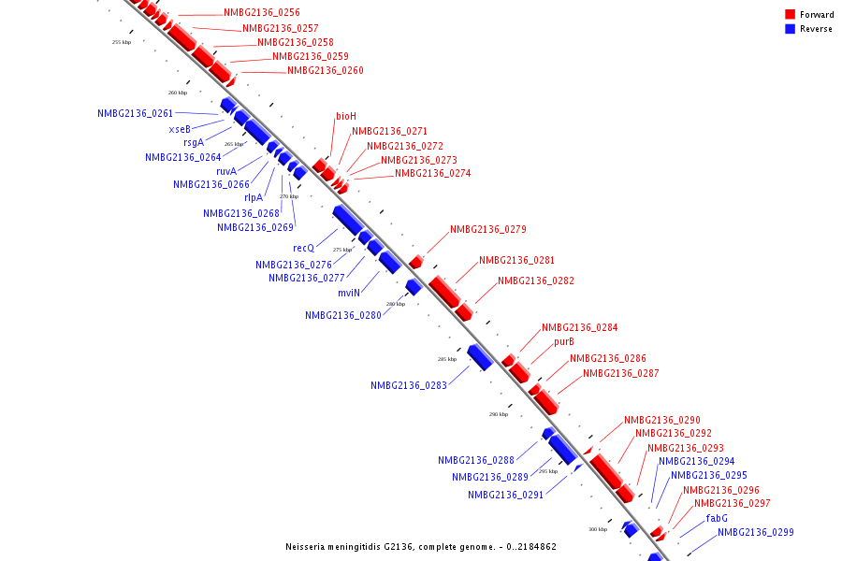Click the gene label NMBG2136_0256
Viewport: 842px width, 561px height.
tap(262, 13)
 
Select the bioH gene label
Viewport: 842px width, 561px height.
tap(346, 116)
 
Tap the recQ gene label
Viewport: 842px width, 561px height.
tap(303, 248)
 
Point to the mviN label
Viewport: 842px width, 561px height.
tap(349, 293)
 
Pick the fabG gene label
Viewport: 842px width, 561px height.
tap(717, 518)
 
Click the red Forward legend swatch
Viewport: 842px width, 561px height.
tap(791, 14)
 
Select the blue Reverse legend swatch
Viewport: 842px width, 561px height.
tap(791, 29)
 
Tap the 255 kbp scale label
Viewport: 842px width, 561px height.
tap(122, 42)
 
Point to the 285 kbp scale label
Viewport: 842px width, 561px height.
tap(447, 359)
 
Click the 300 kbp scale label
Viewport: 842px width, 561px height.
tap(598, 530)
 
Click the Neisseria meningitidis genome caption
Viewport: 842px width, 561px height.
tap(421, 546)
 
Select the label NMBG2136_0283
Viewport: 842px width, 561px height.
tap(409, 385)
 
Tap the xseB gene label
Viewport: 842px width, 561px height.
tap(180, 129)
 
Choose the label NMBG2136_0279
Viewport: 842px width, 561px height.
tap(488, 229)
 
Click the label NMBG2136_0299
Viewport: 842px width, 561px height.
tap(756, 533)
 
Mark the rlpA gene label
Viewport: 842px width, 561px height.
tap(254, 197)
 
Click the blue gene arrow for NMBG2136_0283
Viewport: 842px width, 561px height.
tap(480, 356)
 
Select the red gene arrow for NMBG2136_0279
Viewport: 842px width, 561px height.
tap(415, 263)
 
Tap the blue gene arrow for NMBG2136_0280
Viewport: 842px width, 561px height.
tap(413, 286)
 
